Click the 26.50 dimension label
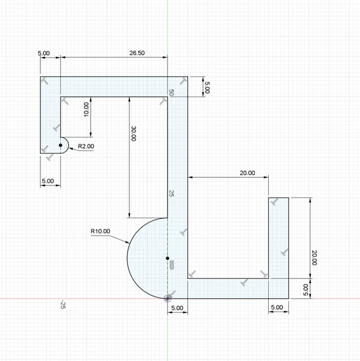[137, 53]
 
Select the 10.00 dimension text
[86, 110]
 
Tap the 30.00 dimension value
[133, 133]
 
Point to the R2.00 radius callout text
[86, 146]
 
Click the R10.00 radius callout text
[101, 231]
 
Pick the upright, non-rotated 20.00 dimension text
[247, 173]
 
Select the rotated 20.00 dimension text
[314, 258]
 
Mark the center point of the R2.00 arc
[61, 146]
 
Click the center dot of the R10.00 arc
[168, 258]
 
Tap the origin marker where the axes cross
[168, 299]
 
